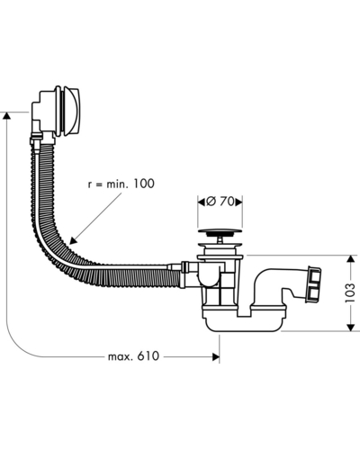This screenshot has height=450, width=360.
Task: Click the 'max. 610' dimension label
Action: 133,356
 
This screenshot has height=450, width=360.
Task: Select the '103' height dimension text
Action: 350,292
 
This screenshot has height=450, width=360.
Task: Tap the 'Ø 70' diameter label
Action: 220,202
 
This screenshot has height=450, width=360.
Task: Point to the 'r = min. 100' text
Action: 121,184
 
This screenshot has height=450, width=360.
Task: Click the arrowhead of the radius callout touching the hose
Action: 73,240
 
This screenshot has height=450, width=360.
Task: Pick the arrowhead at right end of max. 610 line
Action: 216,356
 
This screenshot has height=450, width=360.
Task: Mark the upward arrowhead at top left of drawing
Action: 6,116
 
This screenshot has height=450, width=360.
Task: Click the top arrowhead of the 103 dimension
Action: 350,259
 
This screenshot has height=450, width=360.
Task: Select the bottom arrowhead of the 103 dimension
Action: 350,327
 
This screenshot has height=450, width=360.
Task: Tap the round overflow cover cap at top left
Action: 70,110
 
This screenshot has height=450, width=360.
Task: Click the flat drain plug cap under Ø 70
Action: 220,231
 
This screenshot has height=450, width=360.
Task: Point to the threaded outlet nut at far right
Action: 313,283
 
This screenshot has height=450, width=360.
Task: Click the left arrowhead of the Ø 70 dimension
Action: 202,202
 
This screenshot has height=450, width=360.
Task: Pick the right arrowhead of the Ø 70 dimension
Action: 238,202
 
